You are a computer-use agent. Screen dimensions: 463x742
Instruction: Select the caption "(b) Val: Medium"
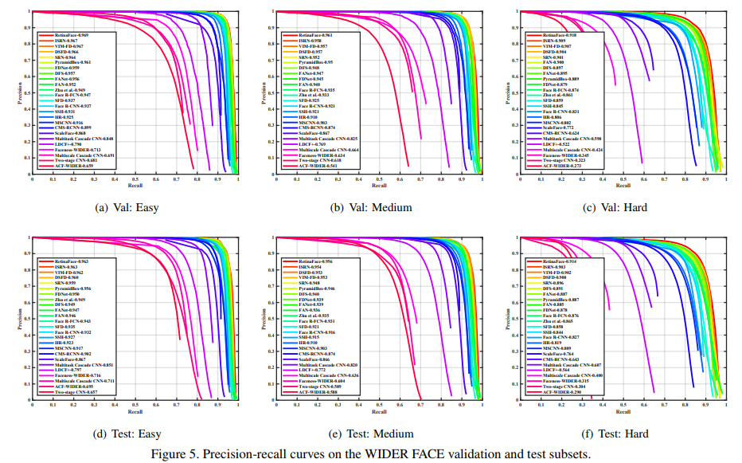(371, 208)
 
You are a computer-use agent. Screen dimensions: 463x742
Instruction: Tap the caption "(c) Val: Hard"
(615, 208)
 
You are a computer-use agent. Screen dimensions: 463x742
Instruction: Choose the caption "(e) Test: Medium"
(371, 434)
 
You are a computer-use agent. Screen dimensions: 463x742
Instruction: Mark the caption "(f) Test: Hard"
(615, 434)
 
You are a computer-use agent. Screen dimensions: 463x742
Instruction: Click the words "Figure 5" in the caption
(174, 454)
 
